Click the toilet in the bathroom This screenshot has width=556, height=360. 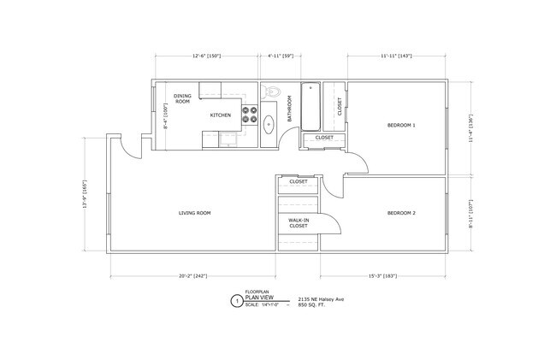click(271, 93)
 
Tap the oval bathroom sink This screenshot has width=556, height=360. click(269, 125)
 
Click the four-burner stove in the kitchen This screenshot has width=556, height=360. click(251, 115)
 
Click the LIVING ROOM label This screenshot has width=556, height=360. click(194, 213)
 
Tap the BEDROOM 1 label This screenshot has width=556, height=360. click(401, 126)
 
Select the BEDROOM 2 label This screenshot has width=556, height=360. click(401, 213)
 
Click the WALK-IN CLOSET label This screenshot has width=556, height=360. click(299, 222)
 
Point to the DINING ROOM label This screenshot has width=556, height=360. click(182, 98)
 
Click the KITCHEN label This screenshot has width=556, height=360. click(221, 115)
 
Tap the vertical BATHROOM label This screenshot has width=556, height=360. click(291, 107)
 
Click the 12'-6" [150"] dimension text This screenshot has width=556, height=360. click(206, 56)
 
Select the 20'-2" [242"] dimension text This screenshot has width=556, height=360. click(193, 276)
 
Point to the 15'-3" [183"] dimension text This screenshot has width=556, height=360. click(382, 276)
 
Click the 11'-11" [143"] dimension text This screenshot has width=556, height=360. click(396, 56)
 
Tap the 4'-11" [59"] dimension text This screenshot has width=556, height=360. click(281, 56)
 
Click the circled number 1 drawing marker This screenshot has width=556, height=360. click(236, 301)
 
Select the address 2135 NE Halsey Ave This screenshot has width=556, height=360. click(322, 298)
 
